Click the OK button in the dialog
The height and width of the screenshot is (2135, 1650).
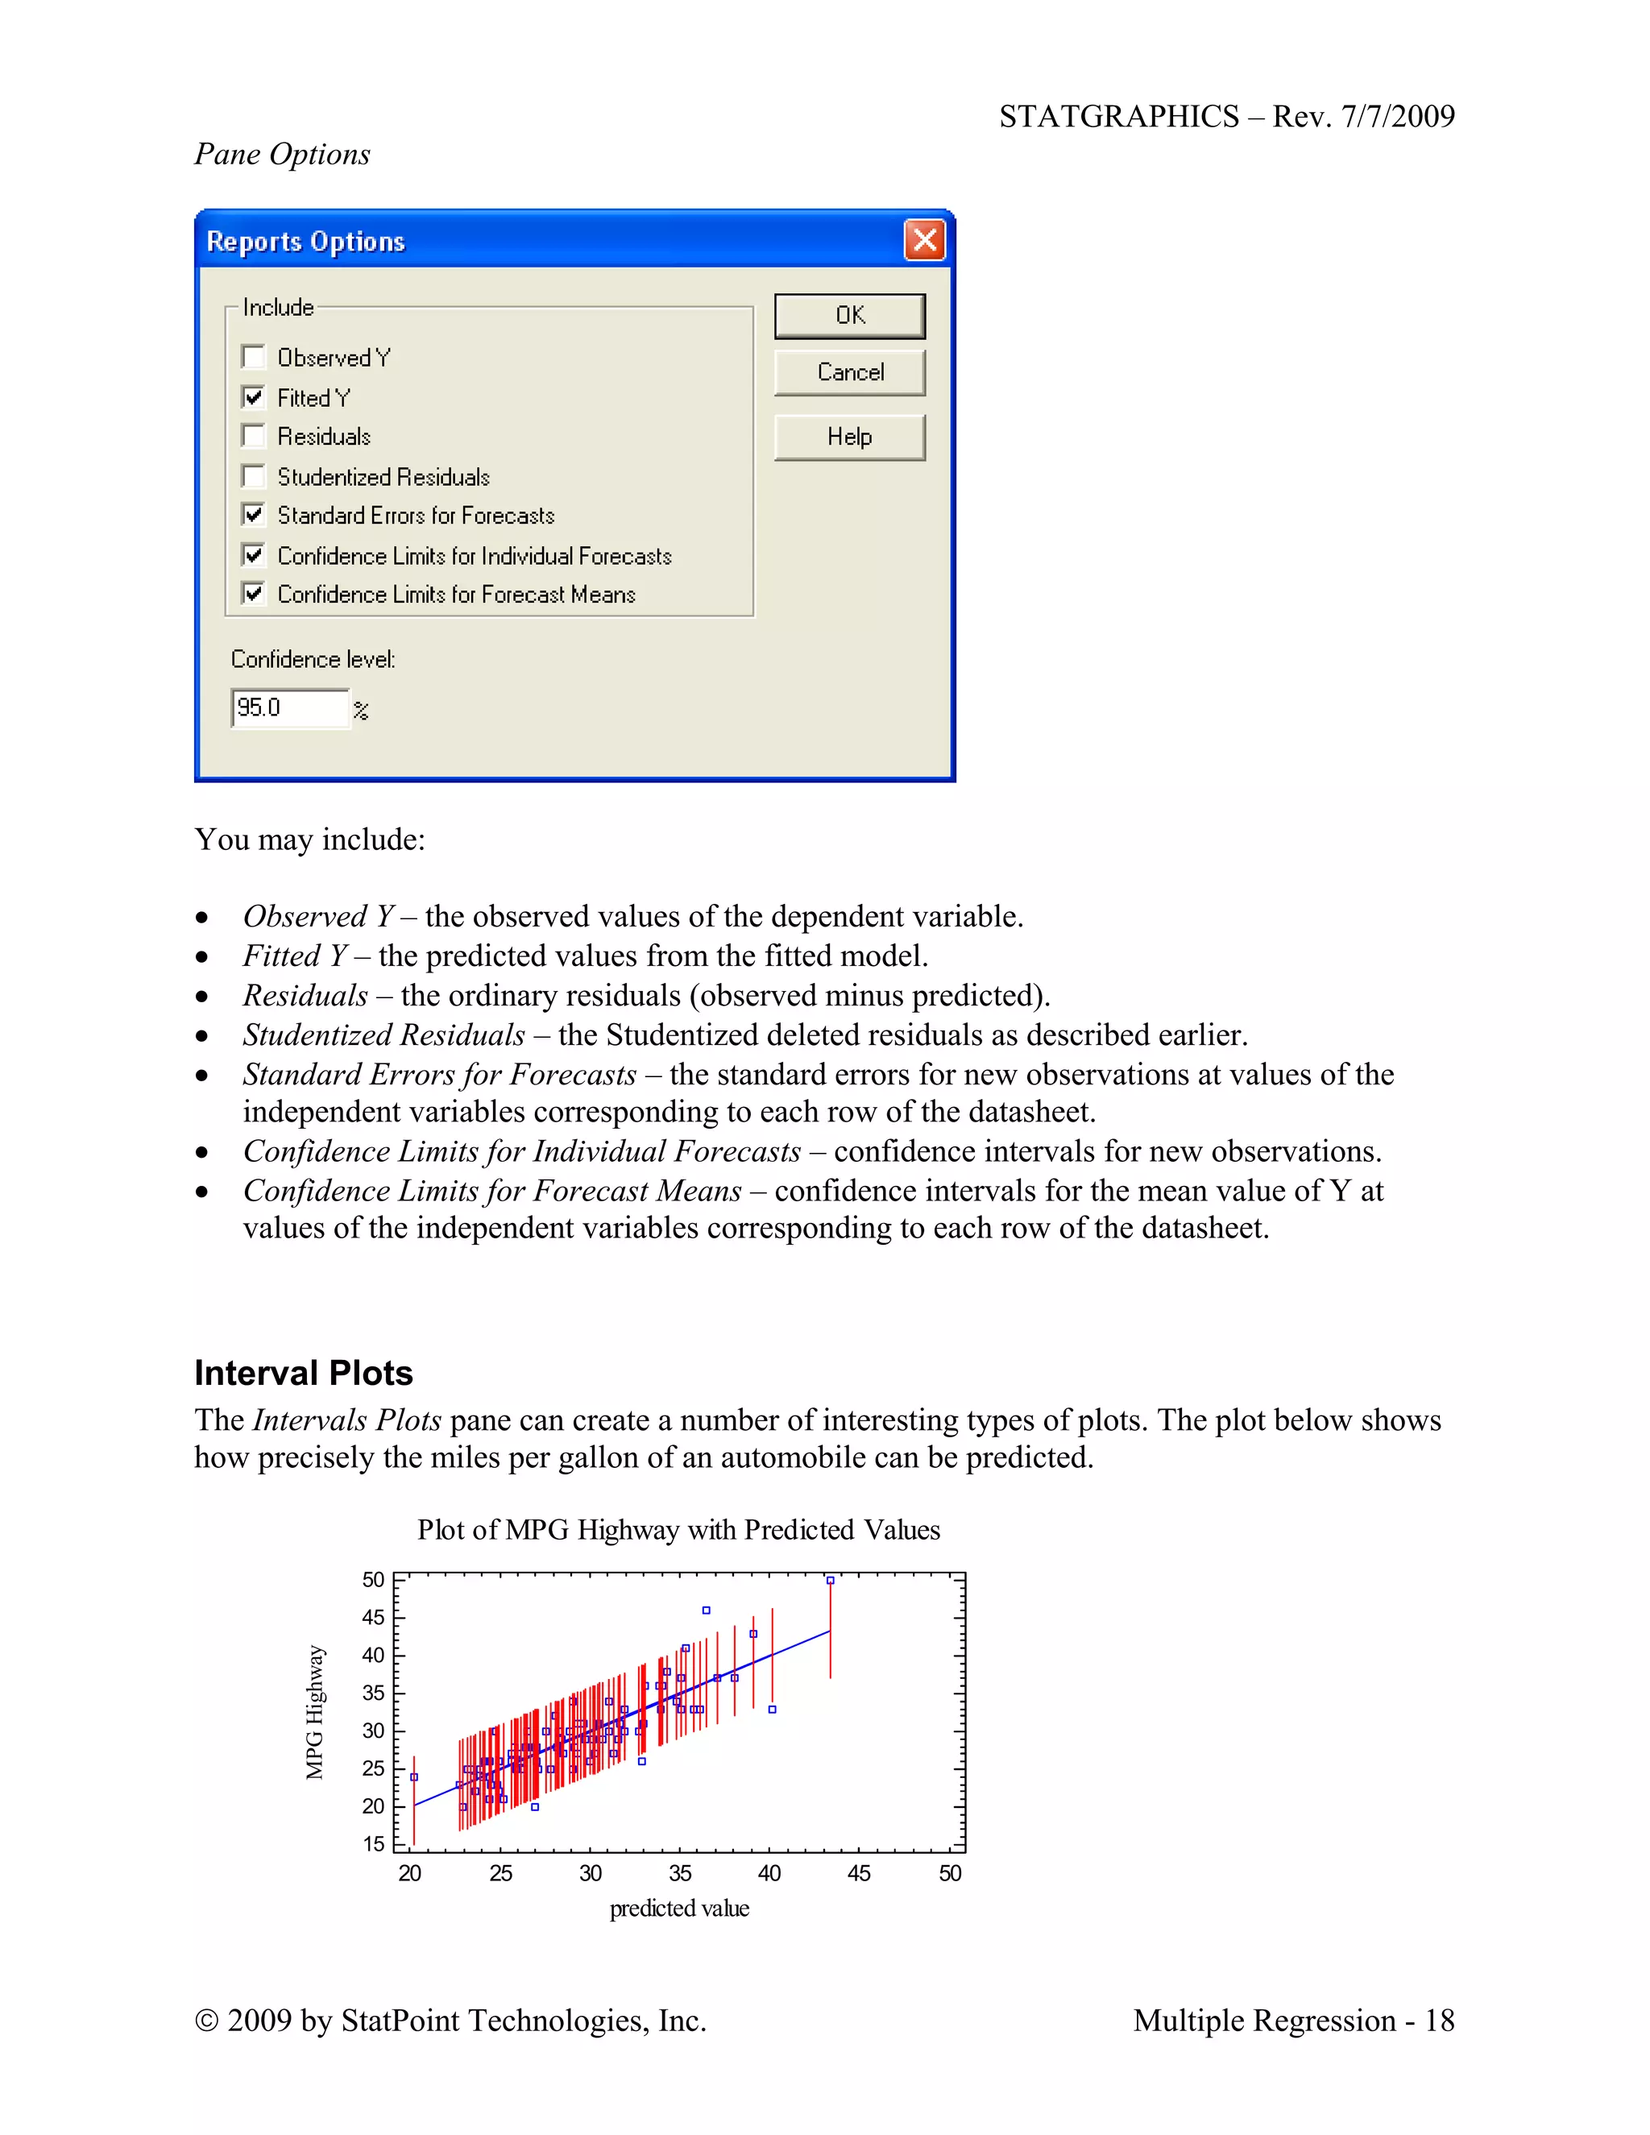click(x=849, y=316)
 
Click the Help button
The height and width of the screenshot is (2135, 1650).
click(x=849, y=437)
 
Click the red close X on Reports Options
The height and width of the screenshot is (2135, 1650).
click(x=924, y=240)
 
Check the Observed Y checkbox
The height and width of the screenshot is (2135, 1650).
click(x=253, y=357)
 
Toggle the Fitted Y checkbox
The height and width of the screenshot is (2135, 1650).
click(x=253, y=397)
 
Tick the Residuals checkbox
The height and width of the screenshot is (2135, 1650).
click(x=253, y=436)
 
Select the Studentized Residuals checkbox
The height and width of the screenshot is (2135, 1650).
click(x=253, y=476)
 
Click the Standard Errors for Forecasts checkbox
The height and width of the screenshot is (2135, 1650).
click(x=253, y=514)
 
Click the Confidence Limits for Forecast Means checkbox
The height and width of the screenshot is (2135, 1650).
click(x=253, y=594)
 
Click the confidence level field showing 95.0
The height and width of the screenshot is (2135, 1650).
click(x=289, y=707)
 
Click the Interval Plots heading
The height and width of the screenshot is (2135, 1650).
click(x=303, y=1373)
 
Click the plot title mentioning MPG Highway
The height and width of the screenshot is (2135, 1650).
click(x=678, y=1530)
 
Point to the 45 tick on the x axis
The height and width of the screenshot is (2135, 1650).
click(x=859, y=1873)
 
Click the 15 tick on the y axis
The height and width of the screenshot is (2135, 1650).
click(x=373, y=1843)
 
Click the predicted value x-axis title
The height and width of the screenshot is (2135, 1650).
click(x=679, y=1908)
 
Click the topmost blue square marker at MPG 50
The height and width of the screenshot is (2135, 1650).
click(x=830, y=1580)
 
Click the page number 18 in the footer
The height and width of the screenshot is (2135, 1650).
click(x=1439, y=2021)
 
